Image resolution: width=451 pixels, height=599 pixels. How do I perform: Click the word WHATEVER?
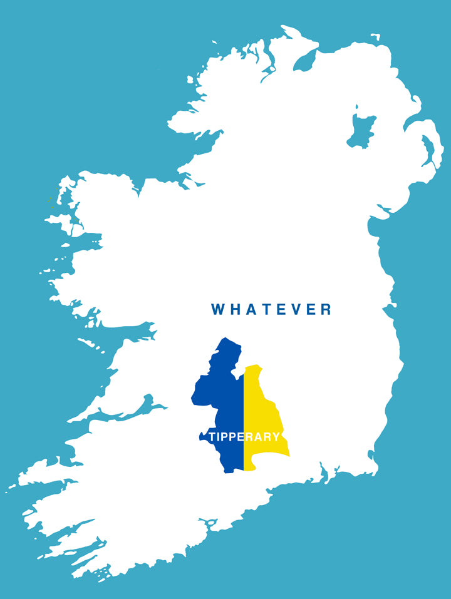coord(271,309)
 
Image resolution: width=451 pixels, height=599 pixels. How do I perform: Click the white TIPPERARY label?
coord(244,437)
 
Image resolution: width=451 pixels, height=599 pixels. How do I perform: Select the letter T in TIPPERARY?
coord(213,437)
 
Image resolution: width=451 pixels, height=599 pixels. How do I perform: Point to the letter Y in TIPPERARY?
coord(276,437)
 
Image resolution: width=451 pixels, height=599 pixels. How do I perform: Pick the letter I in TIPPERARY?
coord(219,437)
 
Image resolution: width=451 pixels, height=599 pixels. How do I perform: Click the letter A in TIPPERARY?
coord(258,437)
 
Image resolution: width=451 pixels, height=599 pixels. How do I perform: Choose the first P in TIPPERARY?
coord(224,437)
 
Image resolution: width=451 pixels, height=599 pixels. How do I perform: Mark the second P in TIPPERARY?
coord(232,437)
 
